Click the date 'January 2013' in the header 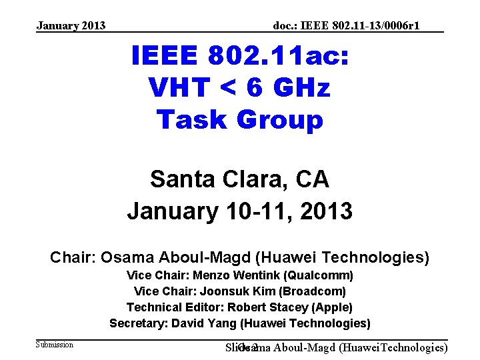click(71, 26)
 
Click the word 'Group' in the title click(281, 120)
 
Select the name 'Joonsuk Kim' click(242, 291)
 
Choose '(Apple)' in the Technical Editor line click(331, 307)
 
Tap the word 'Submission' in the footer click(55, 345)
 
